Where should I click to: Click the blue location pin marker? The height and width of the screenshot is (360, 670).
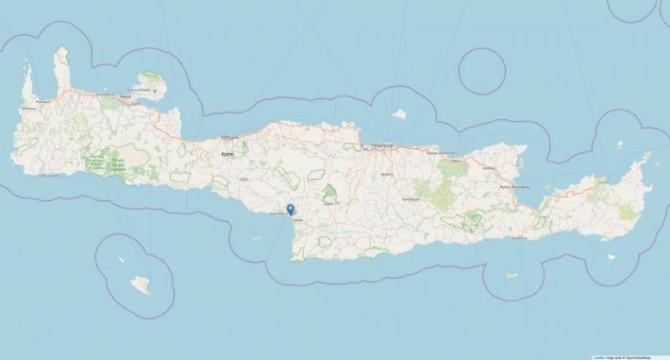click(x=290, y=210)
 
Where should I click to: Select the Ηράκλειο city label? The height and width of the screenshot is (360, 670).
click(x=383, y=143)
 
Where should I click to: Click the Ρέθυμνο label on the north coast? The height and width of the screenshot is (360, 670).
click(x=230, y=136)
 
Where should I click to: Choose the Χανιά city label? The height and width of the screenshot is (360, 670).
click(x=125, y=97)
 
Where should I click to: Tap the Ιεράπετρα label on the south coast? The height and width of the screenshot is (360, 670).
click(x=518, y=237)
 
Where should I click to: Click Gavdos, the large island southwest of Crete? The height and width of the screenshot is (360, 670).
click(x=141, y=285)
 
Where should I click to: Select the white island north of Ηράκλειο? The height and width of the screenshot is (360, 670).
click(x=399, y=114)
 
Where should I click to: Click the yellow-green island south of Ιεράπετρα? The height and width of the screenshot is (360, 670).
click(x=512, y=275)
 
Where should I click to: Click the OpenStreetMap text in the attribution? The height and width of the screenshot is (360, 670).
click(x=650, y=356)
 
